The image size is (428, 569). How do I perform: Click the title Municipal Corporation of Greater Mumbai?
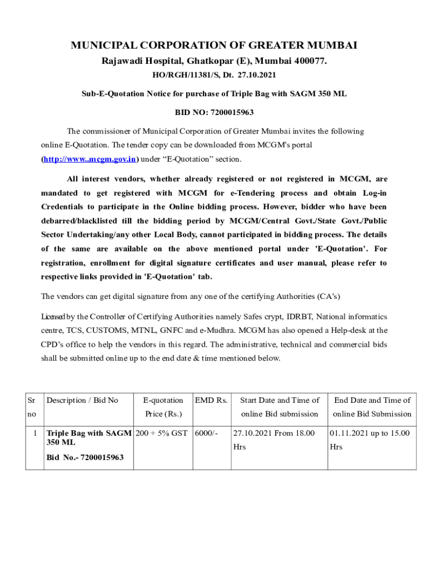click(x=214, y=45)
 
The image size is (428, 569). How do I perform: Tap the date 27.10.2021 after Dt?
click(x=258, y=74)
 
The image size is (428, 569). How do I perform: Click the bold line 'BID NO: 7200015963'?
click(x=214, y=112)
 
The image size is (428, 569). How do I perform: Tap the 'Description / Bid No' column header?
click(x=82, y=400)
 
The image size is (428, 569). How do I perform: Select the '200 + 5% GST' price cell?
click(x=162, y=433)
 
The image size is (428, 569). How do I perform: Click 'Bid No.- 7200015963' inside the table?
click(x=85, y=457)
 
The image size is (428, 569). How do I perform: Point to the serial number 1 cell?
click(x=34, y=433)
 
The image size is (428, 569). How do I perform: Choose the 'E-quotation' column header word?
click(x=163, y=400)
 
